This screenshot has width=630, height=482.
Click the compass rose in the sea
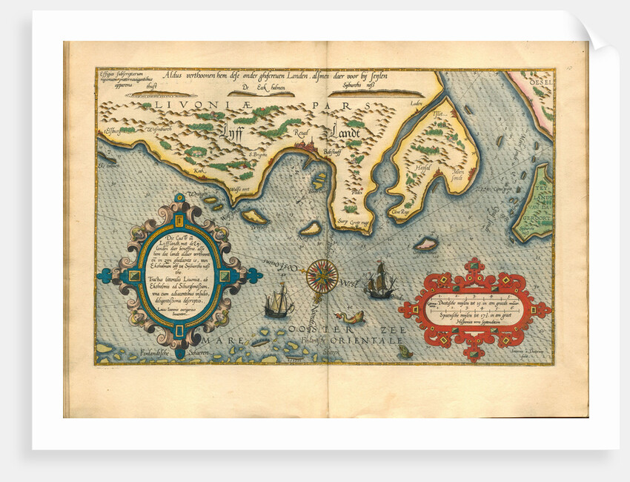(x=322, y=276)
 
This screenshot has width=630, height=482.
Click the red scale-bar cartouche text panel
(x=475, y=306)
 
